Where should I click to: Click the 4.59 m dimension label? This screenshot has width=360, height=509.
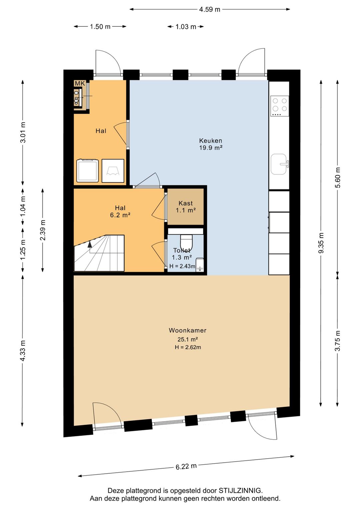[209, 9]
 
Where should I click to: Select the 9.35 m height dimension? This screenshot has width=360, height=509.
[321, 243]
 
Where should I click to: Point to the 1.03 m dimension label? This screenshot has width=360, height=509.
[186, 27]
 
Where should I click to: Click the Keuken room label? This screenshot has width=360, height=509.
[211, 140]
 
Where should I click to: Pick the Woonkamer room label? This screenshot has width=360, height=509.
[188, 330]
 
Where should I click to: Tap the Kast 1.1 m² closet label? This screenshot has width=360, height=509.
[186, 206]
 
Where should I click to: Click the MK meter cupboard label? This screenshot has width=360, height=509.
[80, 83]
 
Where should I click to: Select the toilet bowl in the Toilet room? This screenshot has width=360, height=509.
[186, 243]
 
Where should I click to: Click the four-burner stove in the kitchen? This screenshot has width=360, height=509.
[280, 106]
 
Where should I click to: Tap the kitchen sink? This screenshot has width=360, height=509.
[280, 164]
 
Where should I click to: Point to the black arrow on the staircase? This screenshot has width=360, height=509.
[90, 244]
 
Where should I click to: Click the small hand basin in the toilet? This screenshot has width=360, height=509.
[200, 265]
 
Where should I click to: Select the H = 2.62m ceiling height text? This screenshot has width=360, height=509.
[188, 347]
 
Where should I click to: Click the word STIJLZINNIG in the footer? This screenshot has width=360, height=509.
[241, 491]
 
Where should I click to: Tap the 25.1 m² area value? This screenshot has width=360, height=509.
[188, 340]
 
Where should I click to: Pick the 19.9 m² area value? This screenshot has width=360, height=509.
[211, 148]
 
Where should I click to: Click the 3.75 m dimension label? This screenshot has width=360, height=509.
[338, 341]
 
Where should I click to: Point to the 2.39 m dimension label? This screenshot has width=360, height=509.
[43, 230]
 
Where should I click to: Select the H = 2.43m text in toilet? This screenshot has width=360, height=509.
[182, 266]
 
